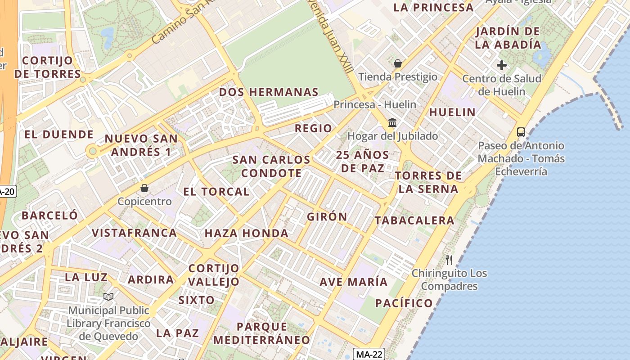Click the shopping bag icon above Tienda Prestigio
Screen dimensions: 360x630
point(397,63)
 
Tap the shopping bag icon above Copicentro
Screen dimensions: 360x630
point(144,188)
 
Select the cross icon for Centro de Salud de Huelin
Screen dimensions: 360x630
point(502,65)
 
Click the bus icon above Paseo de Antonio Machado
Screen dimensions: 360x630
point(521,132)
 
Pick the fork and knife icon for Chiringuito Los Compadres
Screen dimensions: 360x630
point(449,260)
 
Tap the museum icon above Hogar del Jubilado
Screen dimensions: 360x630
point(392,122)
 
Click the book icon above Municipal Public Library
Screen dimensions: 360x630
point(108,297)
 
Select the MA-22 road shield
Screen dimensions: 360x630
point(369,354)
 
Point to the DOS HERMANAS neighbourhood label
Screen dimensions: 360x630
point(269,92)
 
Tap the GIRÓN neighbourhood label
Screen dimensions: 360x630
point(327,216)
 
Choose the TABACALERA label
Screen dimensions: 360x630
point(414,220)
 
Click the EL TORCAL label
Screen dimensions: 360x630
point(216,192)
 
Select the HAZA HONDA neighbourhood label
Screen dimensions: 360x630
point(246,233)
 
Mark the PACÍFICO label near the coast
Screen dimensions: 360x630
point(404,303)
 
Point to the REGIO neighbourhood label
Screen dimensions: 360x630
point(313,128)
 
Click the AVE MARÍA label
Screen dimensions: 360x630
point(353,282)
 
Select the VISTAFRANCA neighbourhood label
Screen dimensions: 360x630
point(134,233)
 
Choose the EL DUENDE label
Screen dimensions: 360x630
point(58,134)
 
